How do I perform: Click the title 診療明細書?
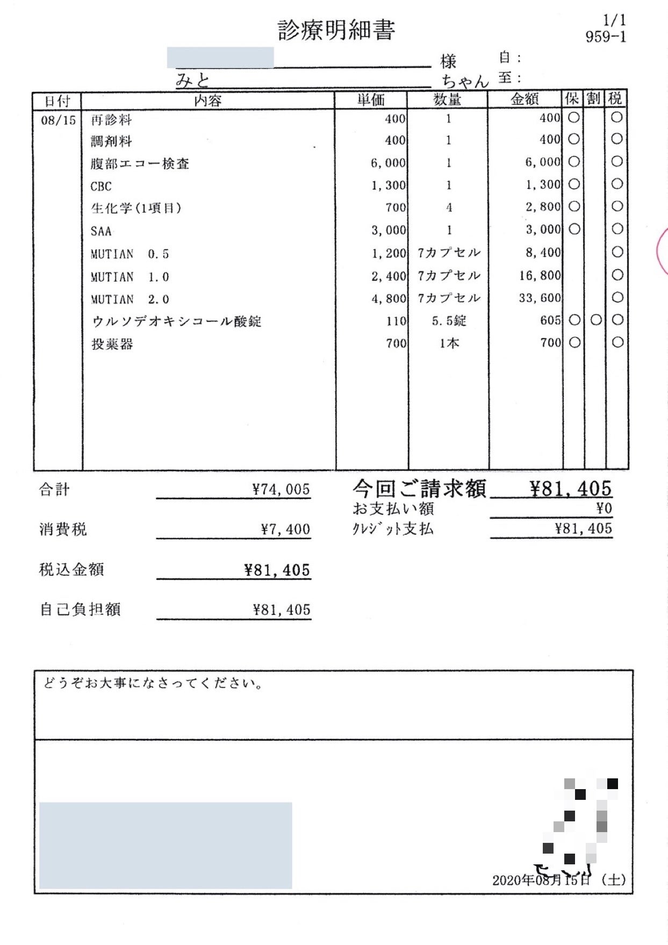coord(336,30)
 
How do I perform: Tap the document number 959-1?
coord(606,37)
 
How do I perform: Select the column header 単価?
coord(371,99)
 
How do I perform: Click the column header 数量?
coord(447,99)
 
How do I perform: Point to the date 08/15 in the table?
coord(58,120)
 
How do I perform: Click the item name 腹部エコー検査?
coord(140,163)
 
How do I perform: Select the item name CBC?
coord(101,187)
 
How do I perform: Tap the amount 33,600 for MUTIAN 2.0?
coord(540,298)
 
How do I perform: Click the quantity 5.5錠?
coord(449,321)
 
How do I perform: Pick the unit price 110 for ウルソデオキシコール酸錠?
coord(396,321)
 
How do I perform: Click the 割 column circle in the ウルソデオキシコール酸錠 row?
coord(596,320)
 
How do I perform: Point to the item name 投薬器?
coord(112,344)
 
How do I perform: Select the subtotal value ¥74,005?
coord(281,489)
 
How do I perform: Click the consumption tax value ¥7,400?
coord(285,529)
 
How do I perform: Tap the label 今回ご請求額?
coord(419,489)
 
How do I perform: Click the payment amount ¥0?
coord(604,509)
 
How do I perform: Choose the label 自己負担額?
coord(80,610)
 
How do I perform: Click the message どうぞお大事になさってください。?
coord(153,684)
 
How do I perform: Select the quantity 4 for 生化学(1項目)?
coord(449,207)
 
